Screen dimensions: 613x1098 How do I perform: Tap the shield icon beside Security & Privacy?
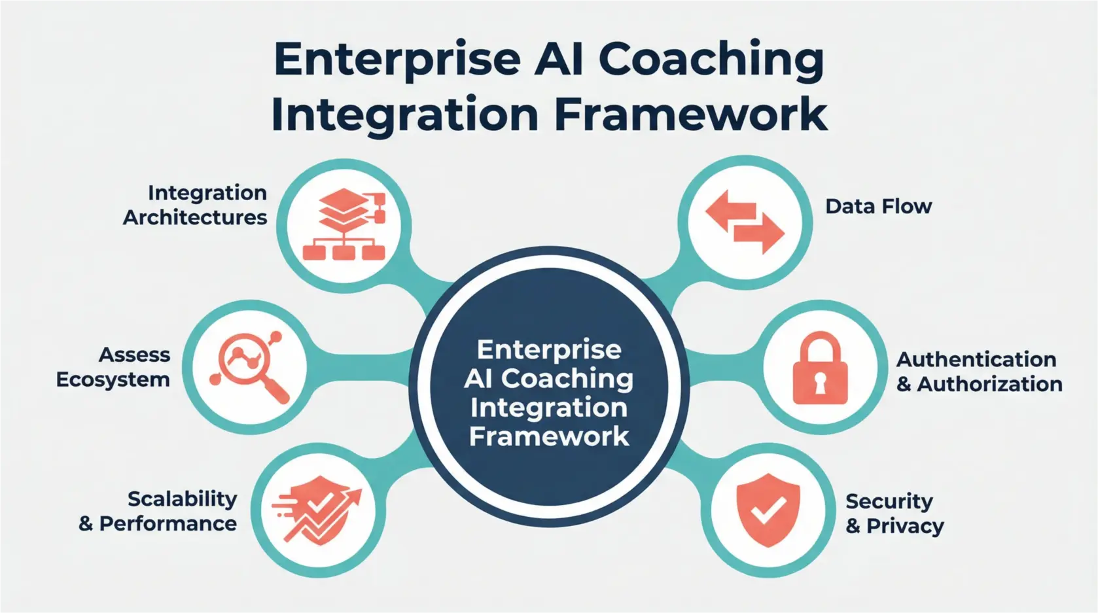(768, 510)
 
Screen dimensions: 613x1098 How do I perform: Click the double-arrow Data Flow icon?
(745, 222)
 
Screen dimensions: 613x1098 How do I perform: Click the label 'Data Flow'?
(878, 207)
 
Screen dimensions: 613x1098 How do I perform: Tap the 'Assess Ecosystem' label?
(113, 367)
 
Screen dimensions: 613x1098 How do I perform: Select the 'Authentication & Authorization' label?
(979, 372)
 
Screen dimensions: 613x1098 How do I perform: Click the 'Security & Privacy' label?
(894, 514)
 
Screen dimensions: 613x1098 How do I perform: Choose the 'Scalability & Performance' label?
(158, 511)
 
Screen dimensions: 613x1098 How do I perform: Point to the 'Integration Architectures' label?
(195, 205)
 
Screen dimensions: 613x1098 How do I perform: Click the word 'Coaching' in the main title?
(711, 60)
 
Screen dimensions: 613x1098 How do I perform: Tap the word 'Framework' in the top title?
(690, 115)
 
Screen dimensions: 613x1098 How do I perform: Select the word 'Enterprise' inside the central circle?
(549, 349)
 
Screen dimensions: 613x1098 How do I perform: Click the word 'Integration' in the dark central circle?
(549, 408)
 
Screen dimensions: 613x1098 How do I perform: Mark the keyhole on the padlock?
(820, 385)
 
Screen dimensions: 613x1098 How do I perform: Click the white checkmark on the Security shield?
(768, 510)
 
